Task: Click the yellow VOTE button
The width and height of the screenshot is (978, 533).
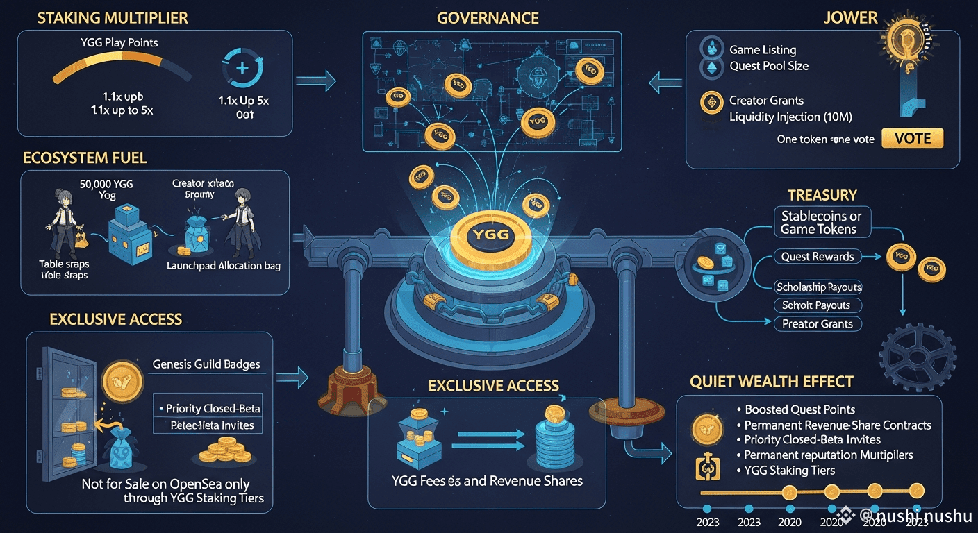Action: [x=912, y=138]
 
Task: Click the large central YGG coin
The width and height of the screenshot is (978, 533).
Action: [x=490, y=235]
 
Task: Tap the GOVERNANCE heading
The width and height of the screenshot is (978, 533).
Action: [x=488, y=18]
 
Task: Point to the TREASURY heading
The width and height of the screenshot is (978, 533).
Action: [x=822, y=196]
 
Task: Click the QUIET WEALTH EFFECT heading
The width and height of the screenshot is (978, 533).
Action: [x=772, y=382]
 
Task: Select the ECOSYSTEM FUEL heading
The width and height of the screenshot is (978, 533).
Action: [x=85, y=158]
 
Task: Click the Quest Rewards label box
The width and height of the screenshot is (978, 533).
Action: [x=817, y=257]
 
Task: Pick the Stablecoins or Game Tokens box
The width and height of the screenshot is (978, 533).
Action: [x=821, y=223]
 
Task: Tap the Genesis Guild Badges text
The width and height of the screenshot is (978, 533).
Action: [x=206, y=364]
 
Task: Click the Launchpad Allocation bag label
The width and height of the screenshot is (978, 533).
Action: [x=224, y=266]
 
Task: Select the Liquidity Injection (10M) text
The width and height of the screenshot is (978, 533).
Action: [x=790, y=117]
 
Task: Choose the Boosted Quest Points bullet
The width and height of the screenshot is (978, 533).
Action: [x=799, y=409]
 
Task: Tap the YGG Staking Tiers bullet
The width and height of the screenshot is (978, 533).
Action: [x=789, y=471]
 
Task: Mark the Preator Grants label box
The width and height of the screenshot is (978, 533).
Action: [x=817, y=323]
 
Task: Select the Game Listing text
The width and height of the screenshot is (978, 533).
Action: [x=763, y=50]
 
